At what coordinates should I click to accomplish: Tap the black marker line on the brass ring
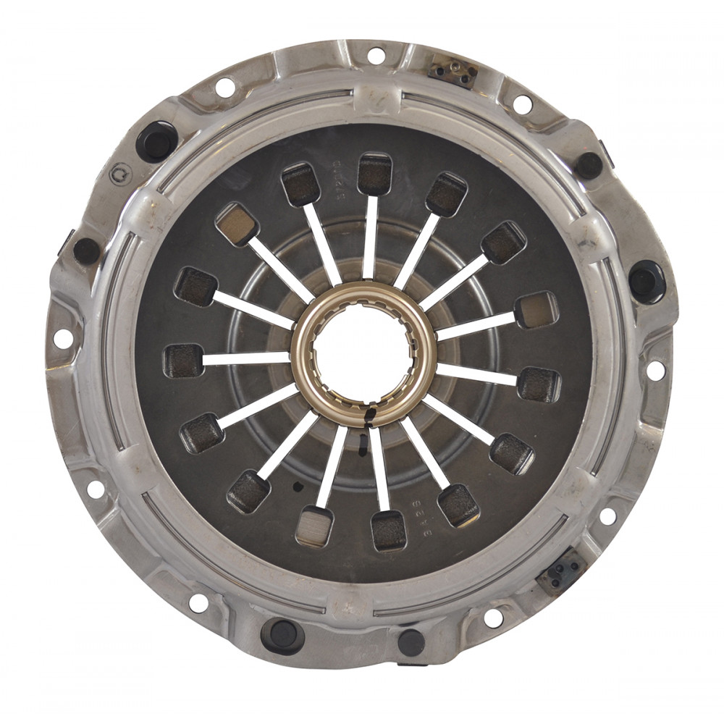click(370, 416)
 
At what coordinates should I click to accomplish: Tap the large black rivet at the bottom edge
click(282, 633)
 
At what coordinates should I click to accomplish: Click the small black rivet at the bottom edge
click(411, 641)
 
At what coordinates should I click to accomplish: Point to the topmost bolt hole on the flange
click(376, 55)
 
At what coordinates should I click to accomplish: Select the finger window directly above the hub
click(374, 173)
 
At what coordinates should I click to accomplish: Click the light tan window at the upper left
click(237, 223)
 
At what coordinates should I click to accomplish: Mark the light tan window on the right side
click(536, 309)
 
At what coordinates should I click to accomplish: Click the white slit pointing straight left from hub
click(246, 358)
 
